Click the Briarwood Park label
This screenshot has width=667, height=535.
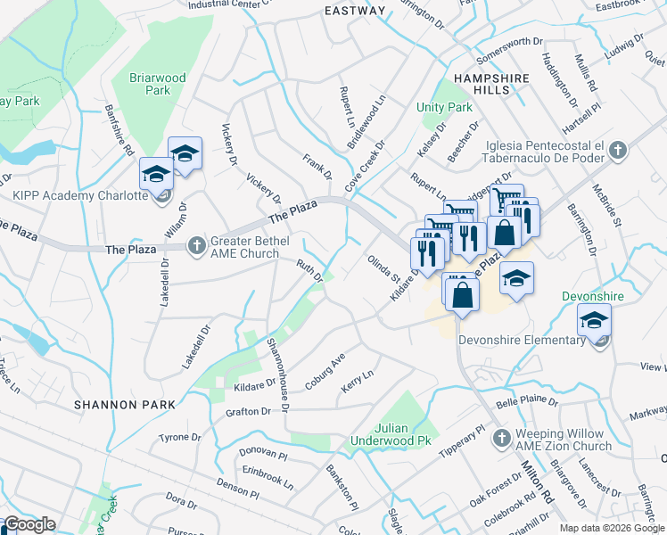coord(158,84)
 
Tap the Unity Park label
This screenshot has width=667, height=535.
coord(444,107)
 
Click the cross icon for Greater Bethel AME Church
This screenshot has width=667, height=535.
coord(198,243)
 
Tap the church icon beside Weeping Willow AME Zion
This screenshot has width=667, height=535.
coord(501,438)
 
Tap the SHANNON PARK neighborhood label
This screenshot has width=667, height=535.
coord(119,404)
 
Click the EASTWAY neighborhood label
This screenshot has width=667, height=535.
coord(355,11)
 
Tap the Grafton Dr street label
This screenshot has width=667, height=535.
coord(248,411)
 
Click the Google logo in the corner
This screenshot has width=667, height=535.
coord(29,524)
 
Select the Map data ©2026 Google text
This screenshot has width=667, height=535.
coord(612,528)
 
